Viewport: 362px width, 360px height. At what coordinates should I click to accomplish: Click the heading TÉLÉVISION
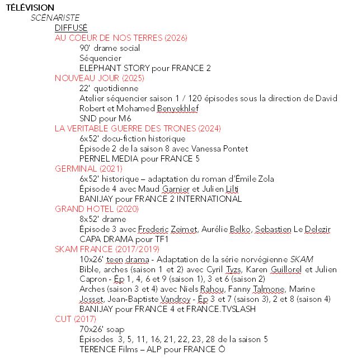point(30,7)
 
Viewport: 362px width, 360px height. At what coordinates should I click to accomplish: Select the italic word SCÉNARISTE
point(55,17)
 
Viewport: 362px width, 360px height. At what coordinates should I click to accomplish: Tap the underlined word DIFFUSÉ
point(71,27)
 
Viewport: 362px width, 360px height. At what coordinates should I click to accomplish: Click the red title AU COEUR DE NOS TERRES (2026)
point(121,37)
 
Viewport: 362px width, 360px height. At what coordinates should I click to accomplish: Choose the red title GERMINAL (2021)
point(88,168)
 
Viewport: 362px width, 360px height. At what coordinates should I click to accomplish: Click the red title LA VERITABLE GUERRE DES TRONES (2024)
point(138,128)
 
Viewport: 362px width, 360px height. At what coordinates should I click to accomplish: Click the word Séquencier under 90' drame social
point(100,58)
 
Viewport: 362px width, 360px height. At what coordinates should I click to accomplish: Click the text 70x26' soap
point(102,329)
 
